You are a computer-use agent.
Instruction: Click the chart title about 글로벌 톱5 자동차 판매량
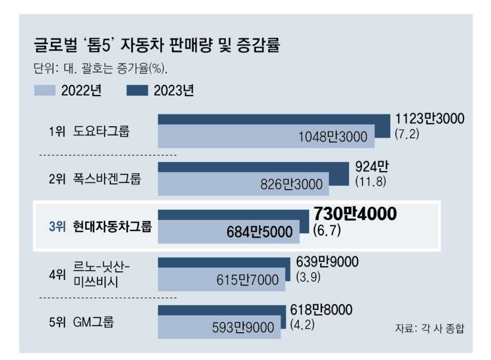tap(157, 46)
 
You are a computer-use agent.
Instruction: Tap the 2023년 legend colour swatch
tap(137, 90)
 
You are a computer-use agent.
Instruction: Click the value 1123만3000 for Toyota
tap(429, 119)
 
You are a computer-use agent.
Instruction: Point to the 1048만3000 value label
tap(333, 136)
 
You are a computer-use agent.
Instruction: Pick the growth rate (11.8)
tap(371, 181)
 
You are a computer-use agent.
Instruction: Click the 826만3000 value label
tap(291, 184)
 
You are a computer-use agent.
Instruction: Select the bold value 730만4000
tap(355, 214)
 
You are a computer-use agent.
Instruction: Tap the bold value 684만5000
tap(259, 232)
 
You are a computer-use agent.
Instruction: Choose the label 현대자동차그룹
tap(113, 226)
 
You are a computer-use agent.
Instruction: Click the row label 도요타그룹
tap(101, 132)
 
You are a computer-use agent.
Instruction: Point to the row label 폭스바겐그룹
tap(107, 179)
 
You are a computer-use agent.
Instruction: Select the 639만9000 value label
tap(327, 262)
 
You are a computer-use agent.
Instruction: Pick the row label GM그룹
tap(93, 322)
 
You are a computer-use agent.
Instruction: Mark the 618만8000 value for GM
tap(321, 310)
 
